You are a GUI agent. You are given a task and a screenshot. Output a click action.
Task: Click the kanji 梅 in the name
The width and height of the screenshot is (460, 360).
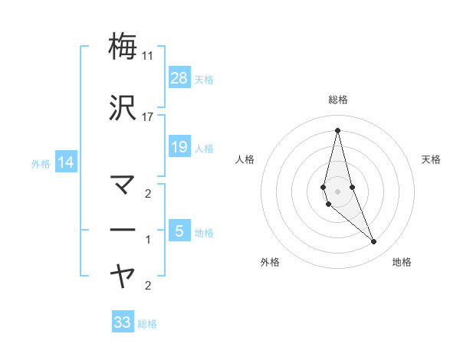click(x=123, y=46)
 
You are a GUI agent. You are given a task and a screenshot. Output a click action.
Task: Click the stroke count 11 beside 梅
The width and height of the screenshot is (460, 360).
click(x=147, y=56)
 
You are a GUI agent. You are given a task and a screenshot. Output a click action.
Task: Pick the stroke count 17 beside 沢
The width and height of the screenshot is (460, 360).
click(x=147, y=117)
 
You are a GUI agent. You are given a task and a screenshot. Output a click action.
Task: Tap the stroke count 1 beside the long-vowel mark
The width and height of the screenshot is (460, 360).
click(x=148, y=240)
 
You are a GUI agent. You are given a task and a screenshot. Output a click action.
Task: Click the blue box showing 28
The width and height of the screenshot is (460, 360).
click(x=179, y=77)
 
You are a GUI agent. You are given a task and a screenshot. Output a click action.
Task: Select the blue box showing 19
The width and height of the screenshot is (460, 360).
click(x=179, y=146)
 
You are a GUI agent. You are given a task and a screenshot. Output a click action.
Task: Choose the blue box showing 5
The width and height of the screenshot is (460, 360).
click(x=179, y=231)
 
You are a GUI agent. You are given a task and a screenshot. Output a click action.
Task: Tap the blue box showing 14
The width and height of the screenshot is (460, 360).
click(x=65, y=162)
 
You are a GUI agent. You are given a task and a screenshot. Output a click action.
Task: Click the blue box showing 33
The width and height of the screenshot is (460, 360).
click(x=123, y=322)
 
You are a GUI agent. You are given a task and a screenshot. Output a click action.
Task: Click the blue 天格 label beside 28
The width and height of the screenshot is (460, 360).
click(x=204, y=79)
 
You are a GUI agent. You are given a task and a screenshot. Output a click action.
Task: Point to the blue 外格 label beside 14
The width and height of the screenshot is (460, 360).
click(x=41, y=163)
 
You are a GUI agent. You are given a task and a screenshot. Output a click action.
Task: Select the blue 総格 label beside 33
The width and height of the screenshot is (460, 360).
click(x=147, y=324)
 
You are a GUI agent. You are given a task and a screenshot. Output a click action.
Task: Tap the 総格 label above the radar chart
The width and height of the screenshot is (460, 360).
click(x=337, y=100)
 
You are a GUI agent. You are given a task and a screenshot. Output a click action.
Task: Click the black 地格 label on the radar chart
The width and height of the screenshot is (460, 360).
click(x=402, y=262)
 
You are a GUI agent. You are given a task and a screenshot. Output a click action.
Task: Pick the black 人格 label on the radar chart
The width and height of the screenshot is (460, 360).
click(x=245, y=159)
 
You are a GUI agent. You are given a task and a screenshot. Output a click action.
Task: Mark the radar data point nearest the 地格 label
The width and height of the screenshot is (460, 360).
click(x=374, y=242)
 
